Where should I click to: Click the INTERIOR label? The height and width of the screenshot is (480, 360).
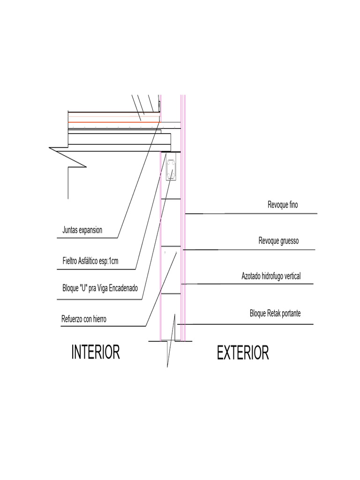(96, 352)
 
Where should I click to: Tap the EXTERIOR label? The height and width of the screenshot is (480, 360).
(243, 352)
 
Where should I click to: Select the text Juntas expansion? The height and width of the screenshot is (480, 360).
(82, 230)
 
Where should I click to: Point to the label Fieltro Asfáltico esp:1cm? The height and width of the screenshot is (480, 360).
(90, 261)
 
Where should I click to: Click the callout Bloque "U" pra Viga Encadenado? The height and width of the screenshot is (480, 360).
(100, 288)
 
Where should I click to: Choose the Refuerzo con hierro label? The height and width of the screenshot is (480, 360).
(84, 319)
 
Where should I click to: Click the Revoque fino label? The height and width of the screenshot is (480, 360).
(283, 204)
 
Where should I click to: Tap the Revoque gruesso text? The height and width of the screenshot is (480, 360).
(278, 240)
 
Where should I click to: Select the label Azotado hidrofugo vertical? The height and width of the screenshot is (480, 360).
(271, 276)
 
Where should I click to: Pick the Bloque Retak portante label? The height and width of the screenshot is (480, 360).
(275, 314)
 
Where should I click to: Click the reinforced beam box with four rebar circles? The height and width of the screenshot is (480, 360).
(171, 167)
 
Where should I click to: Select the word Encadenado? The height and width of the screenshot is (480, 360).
(123, 288)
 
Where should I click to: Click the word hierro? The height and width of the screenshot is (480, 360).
(99, 319)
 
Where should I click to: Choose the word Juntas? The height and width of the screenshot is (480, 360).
(70, 230)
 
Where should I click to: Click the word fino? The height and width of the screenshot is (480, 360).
(293, 204)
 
